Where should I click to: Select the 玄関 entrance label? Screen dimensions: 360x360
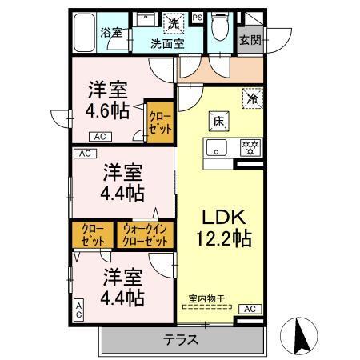(249, 37)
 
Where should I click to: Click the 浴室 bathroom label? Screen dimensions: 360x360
(110, 33)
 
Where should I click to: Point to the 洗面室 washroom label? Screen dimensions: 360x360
(167, 43)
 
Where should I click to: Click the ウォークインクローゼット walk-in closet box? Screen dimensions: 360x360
(146, 234)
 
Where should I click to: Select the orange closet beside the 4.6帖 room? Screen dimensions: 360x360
(158, 120)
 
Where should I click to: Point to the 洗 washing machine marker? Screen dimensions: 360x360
(170, 23)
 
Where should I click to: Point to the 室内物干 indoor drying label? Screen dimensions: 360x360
(206, 299)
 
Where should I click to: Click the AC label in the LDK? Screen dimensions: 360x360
(248, 309)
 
